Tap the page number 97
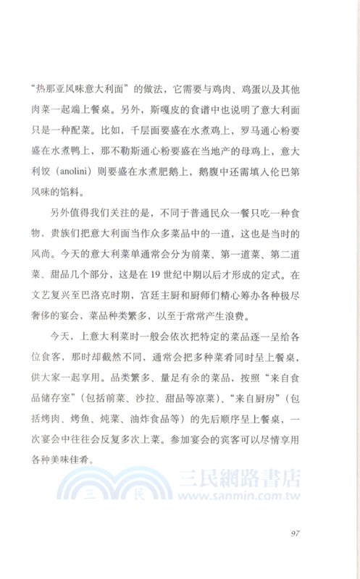tap(294, 534)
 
